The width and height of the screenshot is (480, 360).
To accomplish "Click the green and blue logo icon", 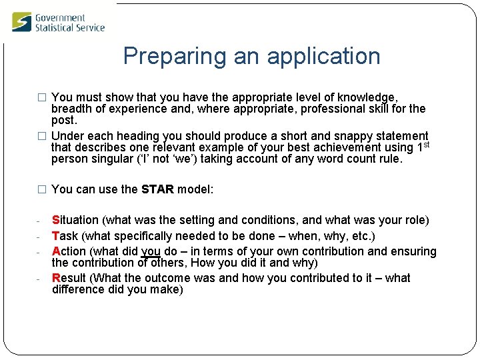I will [x=21, y=22].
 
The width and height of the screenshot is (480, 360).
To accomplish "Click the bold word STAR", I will [x=157, y=189].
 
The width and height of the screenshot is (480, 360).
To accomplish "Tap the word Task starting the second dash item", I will [x=63, y=236].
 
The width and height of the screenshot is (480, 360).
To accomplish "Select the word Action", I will [x=69, y=251].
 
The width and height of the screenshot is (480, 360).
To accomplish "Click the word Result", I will [x=69, y=278].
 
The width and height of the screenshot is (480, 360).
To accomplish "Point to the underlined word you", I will [x=151, y=251].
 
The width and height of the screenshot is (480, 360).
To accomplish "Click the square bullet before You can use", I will [x=43, y=189].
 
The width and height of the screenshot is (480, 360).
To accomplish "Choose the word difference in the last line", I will [x=78, y=289].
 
